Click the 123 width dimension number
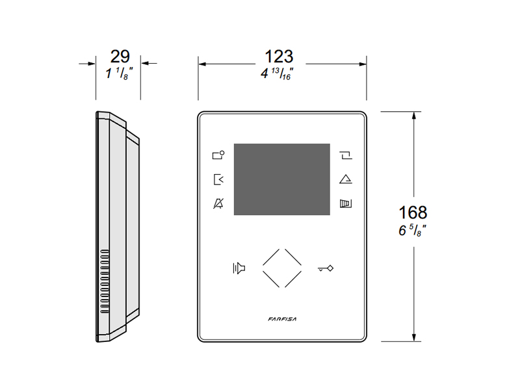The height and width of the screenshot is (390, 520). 279,57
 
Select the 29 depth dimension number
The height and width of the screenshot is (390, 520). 120,57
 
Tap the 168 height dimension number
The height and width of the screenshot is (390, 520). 413,213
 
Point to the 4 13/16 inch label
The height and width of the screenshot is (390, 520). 277,73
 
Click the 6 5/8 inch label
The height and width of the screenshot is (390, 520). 412,230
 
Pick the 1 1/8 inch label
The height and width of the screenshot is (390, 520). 119,73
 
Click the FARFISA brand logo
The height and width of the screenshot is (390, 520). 282,319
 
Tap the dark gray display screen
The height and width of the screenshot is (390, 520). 282,179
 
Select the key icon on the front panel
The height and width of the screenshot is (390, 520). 326,268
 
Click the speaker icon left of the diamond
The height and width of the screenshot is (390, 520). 239,268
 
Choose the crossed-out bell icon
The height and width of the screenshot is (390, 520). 218,203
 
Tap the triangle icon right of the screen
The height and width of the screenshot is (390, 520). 346,179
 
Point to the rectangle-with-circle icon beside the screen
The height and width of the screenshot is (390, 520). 218,155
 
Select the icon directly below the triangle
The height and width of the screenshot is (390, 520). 346,203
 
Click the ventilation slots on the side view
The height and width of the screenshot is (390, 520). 105,281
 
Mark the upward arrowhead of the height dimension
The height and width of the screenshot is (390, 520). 413,116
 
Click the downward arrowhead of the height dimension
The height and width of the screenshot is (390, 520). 413,337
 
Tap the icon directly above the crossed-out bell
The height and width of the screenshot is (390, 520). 218,179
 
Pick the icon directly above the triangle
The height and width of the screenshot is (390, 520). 346,155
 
